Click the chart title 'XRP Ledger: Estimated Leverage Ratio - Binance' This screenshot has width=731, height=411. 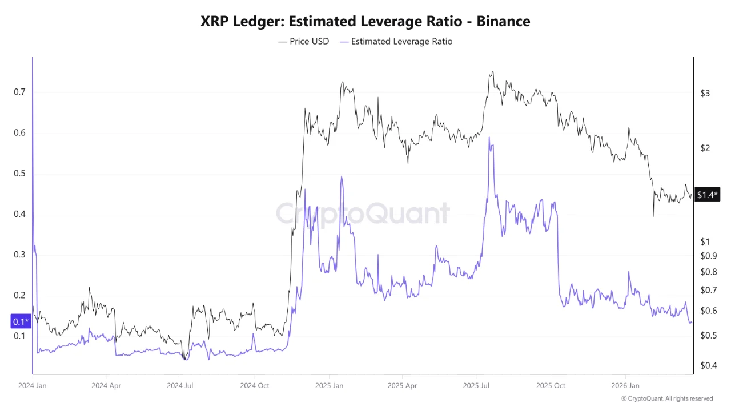365,22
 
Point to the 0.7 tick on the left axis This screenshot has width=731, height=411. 19,92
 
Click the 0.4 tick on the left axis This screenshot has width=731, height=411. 19,214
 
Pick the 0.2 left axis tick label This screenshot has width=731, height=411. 19,295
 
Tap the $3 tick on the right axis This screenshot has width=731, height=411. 705,93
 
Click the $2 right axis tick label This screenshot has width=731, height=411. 705,148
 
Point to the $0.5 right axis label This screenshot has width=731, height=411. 708,335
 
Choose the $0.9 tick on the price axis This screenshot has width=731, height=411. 708,256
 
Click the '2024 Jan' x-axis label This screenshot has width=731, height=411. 33,385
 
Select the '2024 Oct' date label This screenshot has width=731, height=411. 255,385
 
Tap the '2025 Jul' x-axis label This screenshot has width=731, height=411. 477,385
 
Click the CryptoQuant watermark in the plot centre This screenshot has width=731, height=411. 363,214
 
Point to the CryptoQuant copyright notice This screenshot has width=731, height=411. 666,398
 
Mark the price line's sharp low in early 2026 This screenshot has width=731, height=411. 654,216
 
